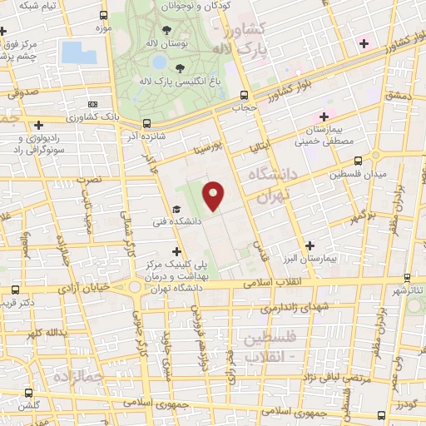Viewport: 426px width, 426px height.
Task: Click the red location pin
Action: [x=214, y=196]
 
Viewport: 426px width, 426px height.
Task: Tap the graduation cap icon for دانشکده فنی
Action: [x=176, y=210]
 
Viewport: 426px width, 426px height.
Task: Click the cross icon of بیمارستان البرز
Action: [x=310, y=245]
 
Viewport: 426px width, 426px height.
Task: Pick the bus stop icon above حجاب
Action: [x=243, y=94]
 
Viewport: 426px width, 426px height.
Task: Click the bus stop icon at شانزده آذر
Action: [x=146, y=121]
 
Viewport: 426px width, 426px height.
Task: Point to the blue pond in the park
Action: [x=78, y=52]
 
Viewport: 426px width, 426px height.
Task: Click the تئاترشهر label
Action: [x=409, y=289]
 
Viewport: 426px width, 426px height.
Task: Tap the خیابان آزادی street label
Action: [x=83, y=287]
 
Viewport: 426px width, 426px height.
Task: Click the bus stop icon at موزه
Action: [x=102, y=16]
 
